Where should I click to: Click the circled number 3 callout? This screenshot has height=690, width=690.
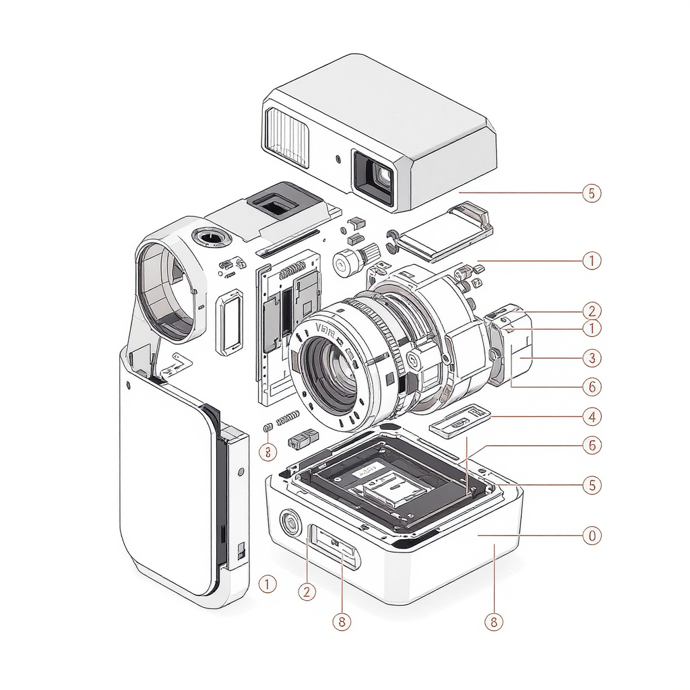tap(591, 357)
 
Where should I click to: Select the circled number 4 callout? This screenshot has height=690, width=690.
tap(591, 416)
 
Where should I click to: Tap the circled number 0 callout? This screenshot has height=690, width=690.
tap(591, 536)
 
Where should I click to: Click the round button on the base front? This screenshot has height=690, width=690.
tap(290, 523)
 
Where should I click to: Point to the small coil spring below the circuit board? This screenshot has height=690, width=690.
tap(288, 418)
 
